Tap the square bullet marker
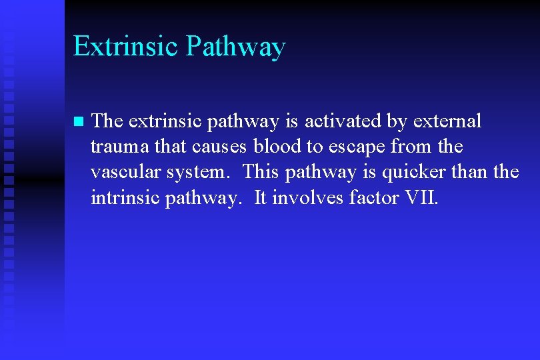click(x=77, y=122)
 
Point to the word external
click(x=447, y=121)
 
